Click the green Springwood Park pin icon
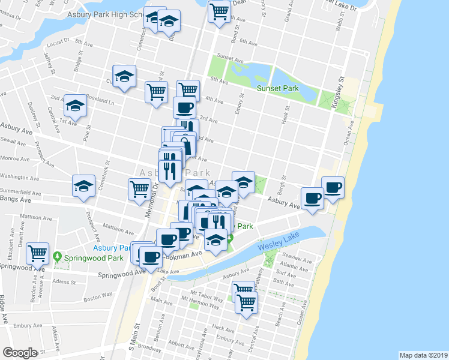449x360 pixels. (x=58, y=256)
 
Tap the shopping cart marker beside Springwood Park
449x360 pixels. (x=38, y=253)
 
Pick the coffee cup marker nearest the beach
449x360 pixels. (x=332, y=187)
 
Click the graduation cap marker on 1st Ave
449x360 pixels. (x=75, y=105)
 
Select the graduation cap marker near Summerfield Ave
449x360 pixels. (x=83, y=185)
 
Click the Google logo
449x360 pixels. (x=20, y=352)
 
